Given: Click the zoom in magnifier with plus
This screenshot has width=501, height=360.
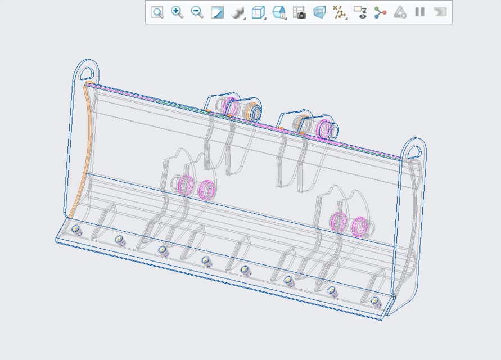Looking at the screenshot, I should [177, 12].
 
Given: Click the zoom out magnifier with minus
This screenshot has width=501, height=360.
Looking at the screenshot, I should [197, 12].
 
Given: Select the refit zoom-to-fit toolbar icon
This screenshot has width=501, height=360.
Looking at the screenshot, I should [157, 12].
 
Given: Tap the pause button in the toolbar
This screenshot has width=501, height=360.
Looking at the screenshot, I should [419, 12].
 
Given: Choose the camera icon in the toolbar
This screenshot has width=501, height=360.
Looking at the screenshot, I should [299, 12].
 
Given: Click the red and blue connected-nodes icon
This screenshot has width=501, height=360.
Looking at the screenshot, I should [381, 12].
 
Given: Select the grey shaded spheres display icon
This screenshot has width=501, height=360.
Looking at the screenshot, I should [238, 12].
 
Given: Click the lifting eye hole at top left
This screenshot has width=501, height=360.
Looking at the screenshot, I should [87, 73].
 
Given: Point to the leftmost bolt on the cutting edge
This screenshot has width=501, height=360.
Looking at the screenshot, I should [76, 229].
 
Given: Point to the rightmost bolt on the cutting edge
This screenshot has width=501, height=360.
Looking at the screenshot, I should [376, 300].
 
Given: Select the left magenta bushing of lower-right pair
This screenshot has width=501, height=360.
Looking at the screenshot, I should [338, 221].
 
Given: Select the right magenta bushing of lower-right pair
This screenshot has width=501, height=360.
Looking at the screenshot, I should [360, 227].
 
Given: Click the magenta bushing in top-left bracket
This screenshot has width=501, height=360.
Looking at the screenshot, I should [229, 105].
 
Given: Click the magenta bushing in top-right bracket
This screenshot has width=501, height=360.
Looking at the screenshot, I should [323, 128].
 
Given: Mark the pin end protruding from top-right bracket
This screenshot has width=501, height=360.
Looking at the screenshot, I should [334, 132].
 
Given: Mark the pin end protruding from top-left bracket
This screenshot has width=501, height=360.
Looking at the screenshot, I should [255, 112].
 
